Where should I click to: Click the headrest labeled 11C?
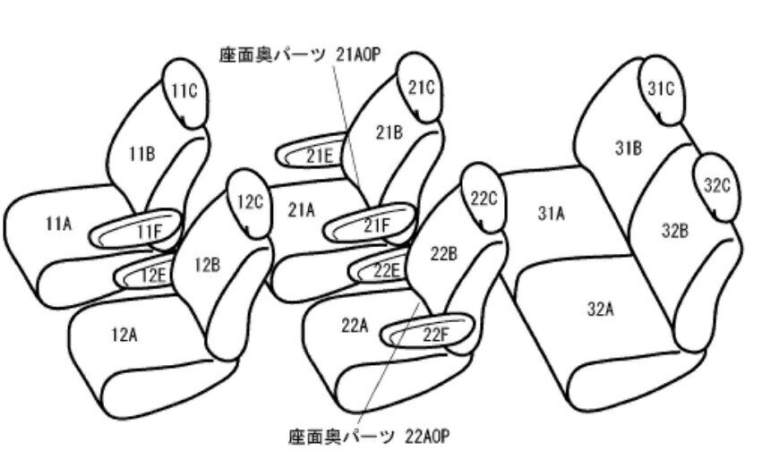[185, 93]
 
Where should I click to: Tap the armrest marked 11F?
[135, 228]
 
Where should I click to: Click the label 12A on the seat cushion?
[124, 335]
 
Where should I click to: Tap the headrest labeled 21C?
[420, 88]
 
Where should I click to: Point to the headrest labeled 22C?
[484, 198]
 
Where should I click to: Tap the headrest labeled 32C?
[717, 187]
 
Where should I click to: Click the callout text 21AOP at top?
[357, 55]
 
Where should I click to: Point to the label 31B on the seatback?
[629, 148]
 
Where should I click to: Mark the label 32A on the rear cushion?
[600, 309]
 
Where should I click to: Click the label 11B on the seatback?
[141, 154]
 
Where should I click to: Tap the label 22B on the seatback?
[444, 253]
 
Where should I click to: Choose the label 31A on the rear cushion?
[551, 213]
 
